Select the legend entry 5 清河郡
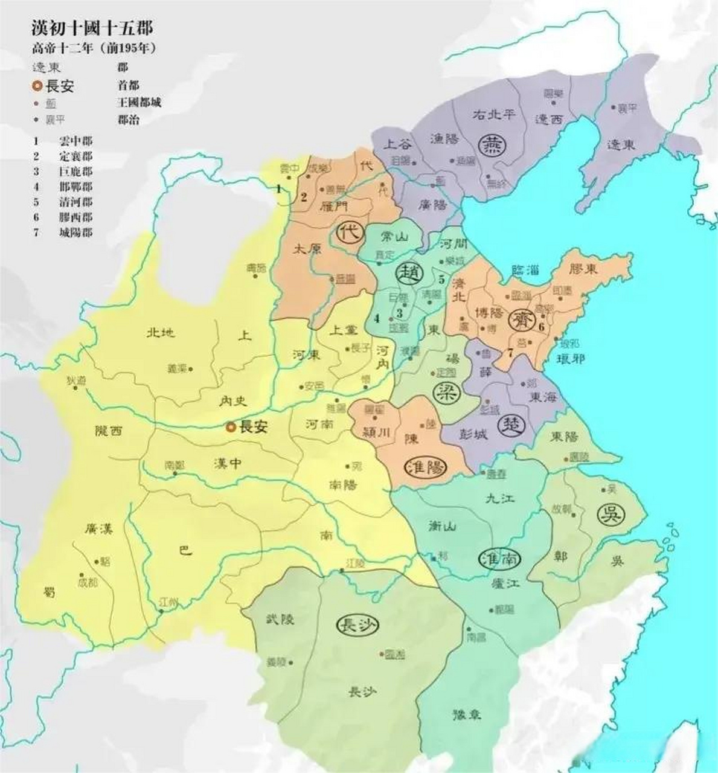coord(63,202)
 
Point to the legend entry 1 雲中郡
coord(63,141)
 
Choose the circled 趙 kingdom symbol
coord(408,273)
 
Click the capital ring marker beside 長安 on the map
coord(230,428)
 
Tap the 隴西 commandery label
coord(109,431)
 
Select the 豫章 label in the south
coord(467,714)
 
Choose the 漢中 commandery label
coord(228,463)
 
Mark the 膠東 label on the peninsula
coord(582,268)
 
